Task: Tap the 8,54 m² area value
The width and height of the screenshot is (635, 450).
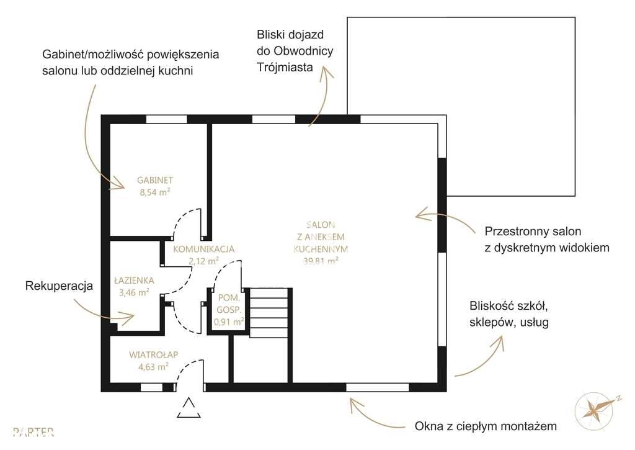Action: [x=154, y=192]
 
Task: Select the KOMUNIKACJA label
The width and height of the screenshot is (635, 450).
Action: [x=203, y=249]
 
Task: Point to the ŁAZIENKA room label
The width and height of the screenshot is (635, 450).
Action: [x=134, y=280]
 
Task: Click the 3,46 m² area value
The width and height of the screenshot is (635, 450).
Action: [x=134, y=291]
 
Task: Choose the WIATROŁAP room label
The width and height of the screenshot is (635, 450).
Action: [x=154, y=355]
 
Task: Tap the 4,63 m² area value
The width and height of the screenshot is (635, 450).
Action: [x=154, y=367]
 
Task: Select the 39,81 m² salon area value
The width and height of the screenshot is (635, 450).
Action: [x=321, y=261]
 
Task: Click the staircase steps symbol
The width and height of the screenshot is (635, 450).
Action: [x=270, y=312]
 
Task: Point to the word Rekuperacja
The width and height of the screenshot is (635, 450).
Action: [x=59, y=286]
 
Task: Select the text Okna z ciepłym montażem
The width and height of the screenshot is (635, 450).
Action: [x=486, y=426]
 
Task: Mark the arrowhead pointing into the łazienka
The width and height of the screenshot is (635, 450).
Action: [x=128, y=318]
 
